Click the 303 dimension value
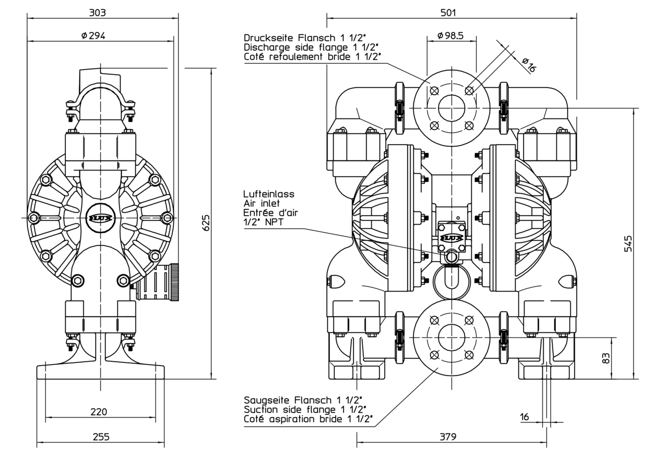click(x=97, y=13)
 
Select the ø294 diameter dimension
click(x=93, y=35)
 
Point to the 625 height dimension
click(x=206, y=223)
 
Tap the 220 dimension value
click(x=99, y=411)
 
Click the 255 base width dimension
click(x=101, y=437)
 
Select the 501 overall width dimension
click(x=448, y=13)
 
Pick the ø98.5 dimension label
click(x=451, y=35)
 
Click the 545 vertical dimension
click(x=628, y=244)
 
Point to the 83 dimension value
click(x=606, y=358)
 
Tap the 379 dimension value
click(x=448, y=437)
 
